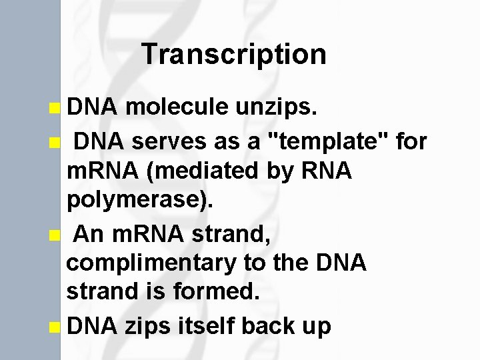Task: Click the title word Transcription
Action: [x=234, y=55]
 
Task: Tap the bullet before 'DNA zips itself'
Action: [x=54, y=327]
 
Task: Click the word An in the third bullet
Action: [x=88, y=234]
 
